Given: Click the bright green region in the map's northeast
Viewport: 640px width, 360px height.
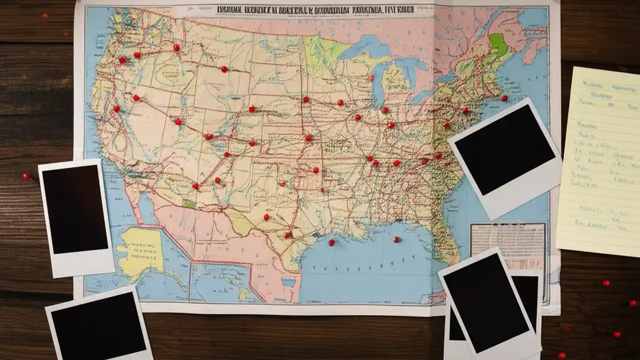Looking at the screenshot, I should coord(498,44).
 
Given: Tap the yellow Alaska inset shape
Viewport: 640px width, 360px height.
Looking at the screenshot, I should coord(140,250).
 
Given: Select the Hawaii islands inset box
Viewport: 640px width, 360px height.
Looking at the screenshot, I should coord(220,282).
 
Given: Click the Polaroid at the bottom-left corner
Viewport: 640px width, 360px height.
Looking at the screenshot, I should coord(99,325).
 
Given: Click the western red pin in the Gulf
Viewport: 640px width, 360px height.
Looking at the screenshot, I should coord(331,243).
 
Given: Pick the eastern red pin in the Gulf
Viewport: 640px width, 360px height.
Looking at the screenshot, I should coord(396,239).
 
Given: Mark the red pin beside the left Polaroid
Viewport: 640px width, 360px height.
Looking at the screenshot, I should coord(26,176).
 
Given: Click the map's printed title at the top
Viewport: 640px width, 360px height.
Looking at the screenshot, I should coord(315,10).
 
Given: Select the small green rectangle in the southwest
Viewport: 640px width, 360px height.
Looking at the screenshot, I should coord(189,204).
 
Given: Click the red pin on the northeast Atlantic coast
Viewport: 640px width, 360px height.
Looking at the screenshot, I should coord(504,98).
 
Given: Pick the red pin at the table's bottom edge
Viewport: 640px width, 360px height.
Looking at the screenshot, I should coord(561,355).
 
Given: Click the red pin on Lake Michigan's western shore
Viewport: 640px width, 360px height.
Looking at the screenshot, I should coord(371,77).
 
